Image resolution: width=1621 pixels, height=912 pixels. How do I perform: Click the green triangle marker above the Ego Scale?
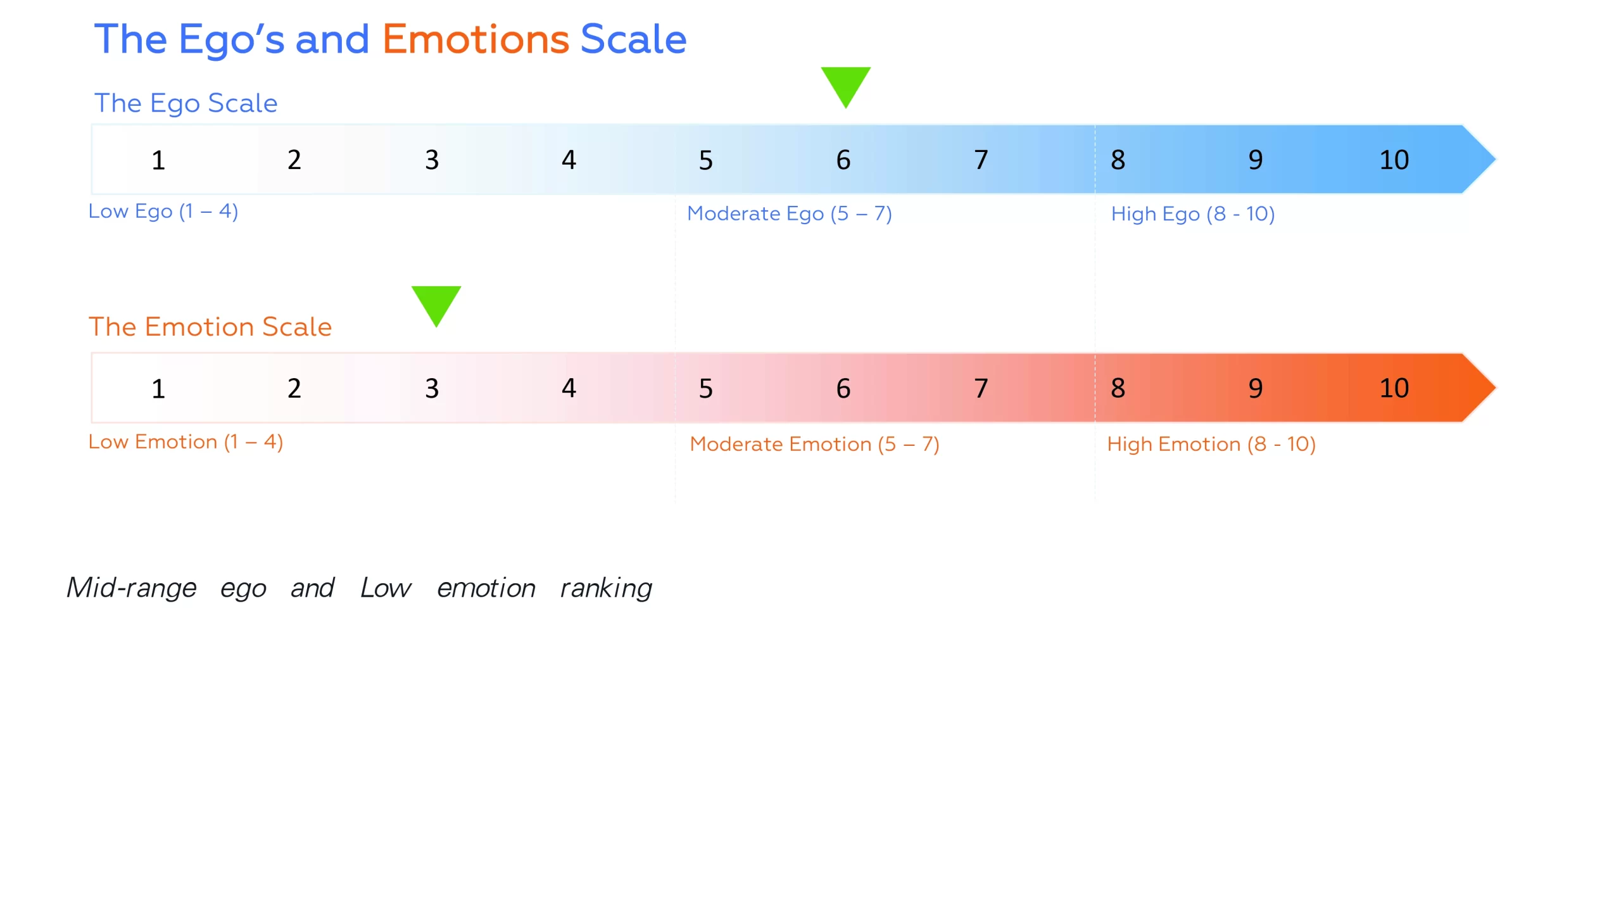(x=845, y=84)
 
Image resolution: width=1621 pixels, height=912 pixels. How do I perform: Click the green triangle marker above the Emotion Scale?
(x=436, y=303)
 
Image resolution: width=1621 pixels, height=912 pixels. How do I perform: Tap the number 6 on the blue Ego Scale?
(x=843, y=160)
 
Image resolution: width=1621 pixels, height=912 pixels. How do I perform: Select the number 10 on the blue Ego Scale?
(x=1394, y=160)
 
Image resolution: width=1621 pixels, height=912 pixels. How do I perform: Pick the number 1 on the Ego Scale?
(x=158, y=160)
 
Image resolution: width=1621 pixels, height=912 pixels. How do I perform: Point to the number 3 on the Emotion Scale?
(x=432, y=388)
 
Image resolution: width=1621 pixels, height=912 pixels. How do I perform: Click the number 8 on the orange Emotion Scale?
(x=1118, y=388)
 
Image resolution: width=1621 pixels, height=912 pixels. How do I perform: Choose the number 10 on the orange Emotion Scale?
(x=1394, y=388)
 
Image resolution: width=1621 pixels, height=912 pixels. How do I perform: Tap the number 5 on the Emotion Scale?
(x=705, y=388)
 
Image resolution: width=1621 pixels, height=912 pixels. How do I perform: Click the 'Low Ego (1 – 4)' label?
(x=163, y=212)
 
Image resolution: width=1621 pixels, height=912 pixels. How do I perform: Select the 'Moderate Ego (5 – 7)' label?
(x=789, y=214)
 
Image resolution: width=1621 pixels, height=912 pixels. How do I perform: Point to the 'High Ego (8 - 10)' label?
(x=1192, y=214)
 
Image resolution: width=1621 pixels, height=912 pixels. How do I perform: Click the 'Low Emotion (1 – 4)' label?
(x=186, y=442)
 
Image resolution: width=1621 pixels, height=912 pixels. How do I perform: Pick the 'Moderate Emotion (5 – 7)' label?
(x=814, y=445)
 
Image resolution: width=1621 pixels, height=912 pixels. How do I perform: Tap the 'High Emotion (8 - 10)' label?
(x=1211, y=445)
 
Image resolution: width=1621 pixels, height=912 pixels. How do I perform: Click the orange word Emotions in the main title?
(x=476, y=39)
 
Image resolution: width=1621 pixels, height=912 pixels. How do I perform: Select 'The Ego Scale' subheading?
(x=186, y=103)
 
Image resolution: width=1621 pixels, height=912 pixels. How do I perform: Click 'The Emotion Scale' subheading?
(x=210, y=327)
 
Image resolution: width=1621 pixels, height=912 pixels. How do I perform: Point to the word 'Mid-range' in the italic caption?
(x=132, y=588)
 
